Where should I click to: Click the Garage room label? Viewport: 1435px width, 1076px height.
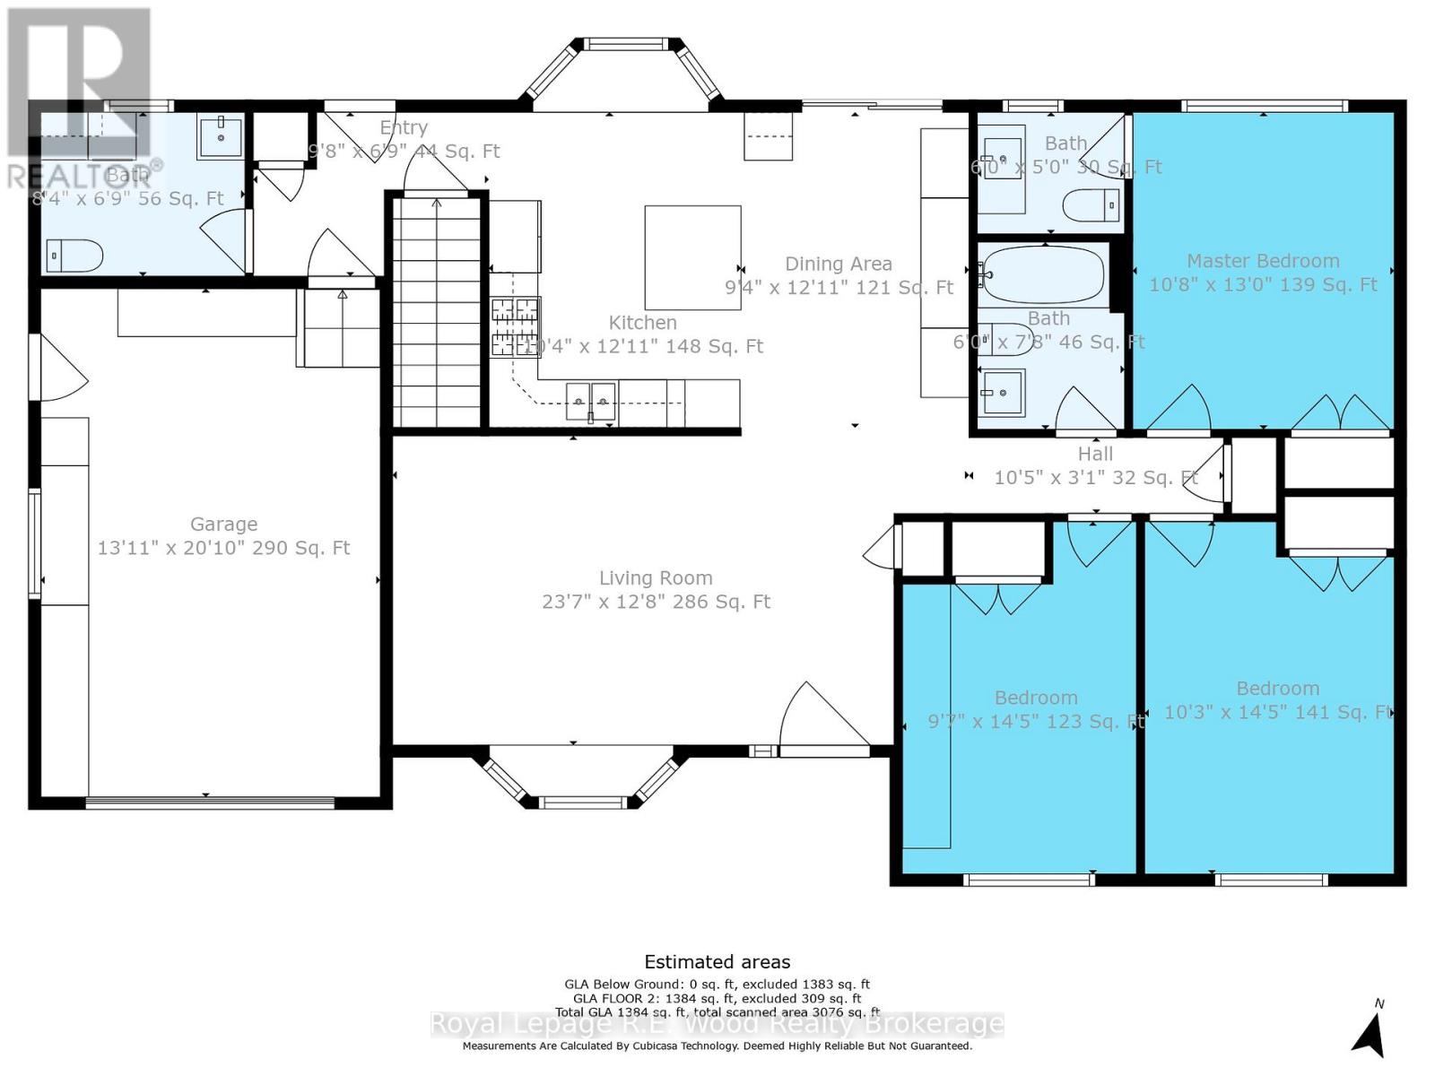point(223,525)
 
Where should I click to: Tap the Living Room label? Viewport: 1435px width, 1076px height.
point(656,578)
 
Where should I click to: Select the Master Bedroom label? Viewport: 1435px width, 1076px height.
point(1263,261)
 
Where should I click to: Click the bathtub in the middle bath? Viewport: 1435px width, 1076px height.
point(1044,275)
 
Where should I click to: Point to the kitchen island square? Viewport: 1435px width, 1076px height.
point(692,257)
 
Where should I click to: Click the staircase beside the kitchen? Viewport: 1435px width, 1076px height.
point(437,314)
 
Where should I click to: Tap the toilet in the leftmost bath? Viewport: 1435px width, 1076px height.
point(74,256)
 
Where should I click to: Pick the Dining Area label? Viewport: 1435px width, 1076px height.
point(839,264)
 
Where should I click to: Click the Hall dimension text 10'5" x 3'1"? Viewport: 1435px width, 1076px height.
point(1095,478)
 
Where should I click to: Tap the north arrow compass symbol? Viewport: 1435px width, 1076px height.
point(1370,1033)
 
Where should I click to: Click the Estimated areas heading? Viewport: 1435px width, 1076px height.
point(717,962)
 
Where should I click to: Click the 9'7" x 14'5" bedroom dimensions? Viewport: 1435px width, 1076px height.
point(1036,722)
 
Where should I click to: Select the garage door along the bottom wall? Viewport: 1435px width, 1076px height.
point(210,802)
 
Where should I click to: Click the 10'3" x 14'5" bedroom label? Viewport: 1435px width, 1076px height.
point(1277,689)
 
